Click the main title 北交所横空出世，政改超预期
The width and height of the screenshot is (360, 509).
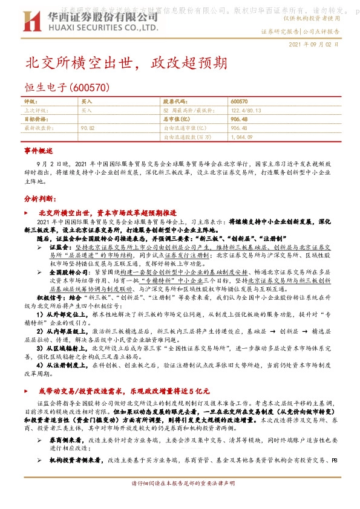[126, 63]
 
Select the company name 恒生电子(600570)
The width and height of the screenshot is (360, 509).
[67, 88]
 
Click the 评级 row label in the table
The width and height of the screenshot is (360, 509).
[30, 103]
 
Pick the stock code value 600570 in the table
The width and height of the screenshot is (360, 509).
[239, 103]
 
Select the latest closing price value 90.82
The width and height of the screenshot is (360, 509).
[88, 128]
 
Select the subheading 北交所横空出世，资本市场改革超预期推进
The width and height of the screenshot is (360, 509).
[106, 213]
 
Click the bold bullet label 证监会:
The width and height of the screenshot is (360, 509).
[60, 248]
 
